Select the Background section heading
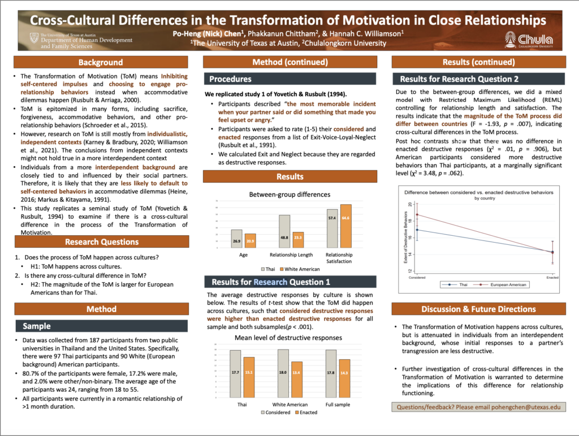[100, 62]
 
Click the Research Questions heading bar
[100, 242]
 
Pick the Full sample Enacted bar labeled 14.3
[344, 378]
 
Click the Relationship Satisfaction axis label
[339, 258]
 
